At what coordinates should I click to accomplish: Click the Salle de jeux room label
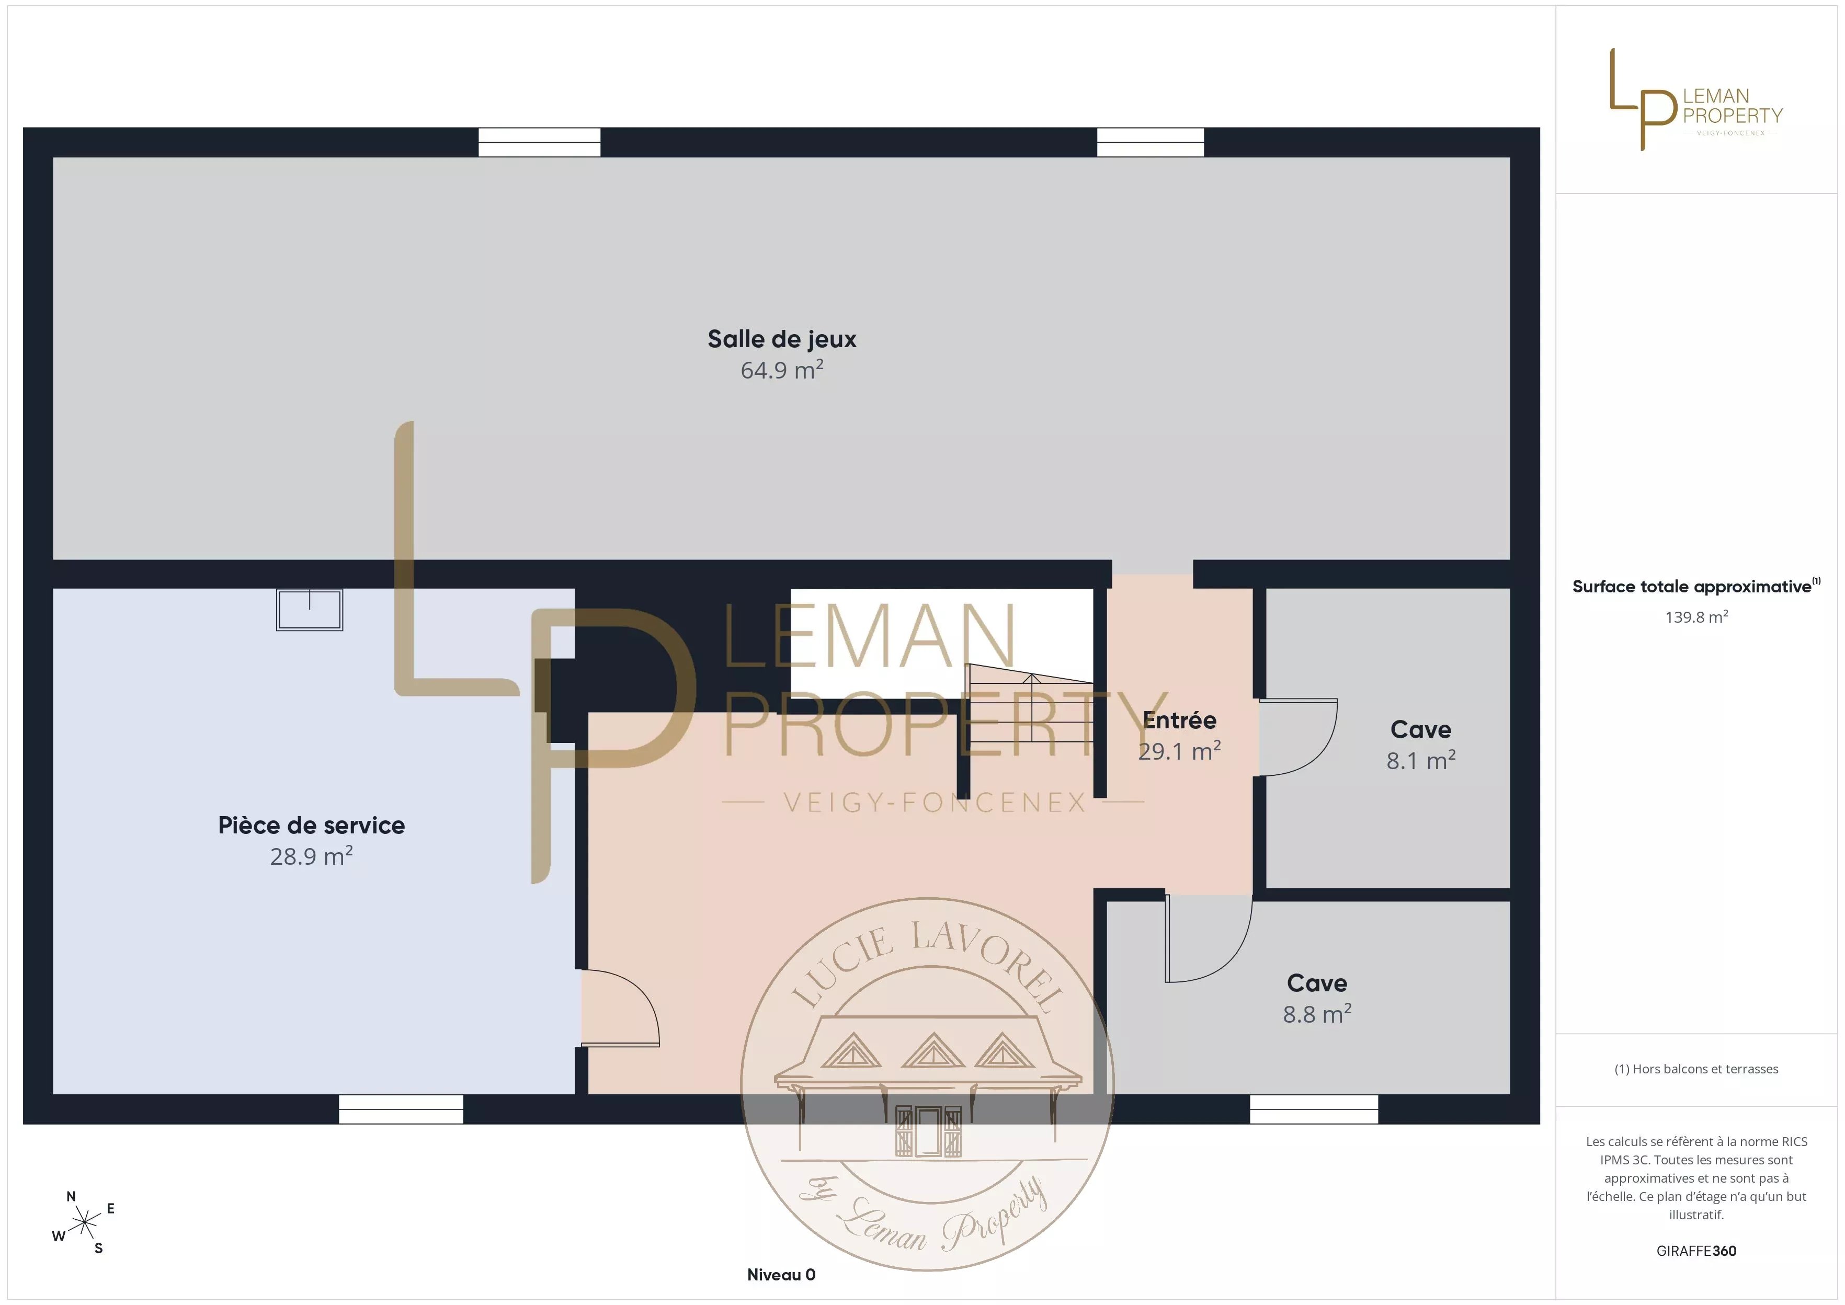[x=782, y=340]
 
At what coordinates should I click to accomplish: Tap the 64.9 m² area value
[x=782, y=370]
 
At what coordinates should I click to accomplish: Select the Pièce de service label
[x=311, y=825]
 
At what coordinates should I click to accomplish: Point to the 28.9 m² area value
[x=311, y=856]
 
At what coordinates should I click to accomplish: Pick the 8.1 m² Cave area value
[x=1421, y=760]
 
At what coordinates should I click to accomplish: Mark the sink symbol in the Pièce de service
[x=310, y=610]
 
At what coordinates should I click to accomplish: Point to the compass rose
[x=84, y=1223]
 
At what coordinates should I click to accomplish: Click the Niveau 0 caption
[x=781, y=1275]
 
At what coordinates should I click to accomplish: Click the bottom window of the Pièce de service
[x=401, y=1109]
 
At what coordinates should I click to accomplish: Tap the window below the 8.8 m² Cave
[x=1314, y=1109]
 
